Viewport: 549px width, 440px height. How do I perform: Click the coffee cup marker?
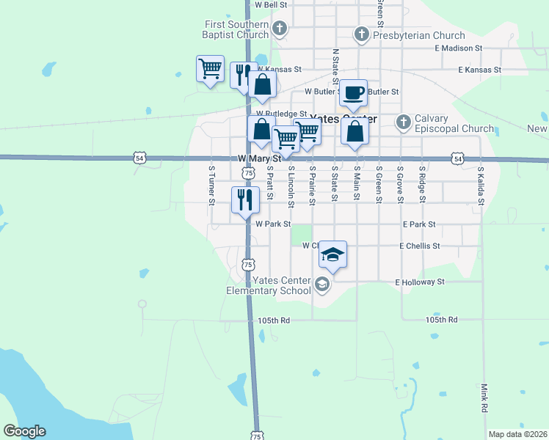(x=354, y=93)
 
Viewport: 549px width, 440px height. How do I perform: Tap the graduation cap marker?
(x=333, y=255)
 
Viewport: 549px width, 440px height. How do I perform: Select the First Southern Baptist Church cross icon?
(x=279, y=29)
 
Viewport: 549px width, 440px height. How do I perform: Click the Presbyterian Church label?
(x=419, y=35)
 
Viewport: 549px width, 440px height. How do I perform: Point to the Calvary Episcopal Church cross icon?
(x=402, y=121)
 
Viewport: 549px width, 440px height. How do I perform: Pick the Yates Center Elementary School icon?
(x=321, y=284)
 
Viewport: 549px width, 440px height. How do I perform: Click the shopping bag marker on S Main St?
(x=355, y=133)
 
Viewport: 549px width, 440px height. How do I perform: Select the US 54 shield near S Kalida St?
(x=458, y=158)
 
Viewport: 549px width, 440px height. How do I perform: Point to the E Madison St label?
(x=458, y=48)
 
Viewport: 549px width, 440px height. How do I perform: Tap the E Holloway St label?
(x=420, y=282)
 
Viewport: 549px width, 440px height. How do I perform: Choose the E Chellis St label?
(x=419, y=246)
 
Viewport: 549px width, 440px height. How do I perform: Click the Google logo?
(x=24, y=431)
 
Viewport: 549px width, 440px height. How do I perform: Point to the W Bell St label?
(x=269, y=4)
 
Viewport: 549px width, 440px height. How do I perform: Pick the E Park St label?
(x=419, y=224)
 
